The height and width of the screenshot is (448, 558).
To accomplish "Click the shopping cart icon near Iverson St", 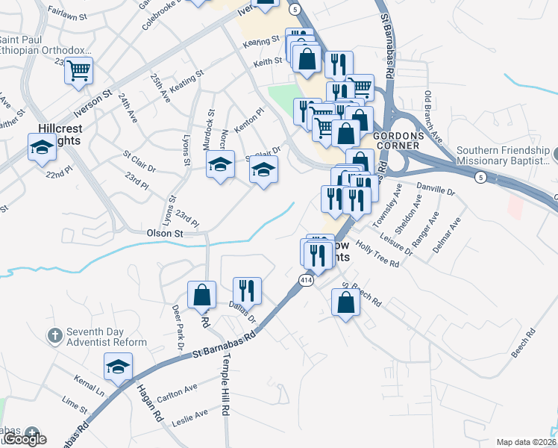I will click(x=78, y=71).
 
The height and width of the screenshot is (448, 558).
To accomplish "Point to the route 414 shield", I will click(x=306, y=280).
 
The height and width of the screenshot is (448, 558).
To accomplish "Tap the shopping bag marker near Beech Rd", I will click(x=345, y=303).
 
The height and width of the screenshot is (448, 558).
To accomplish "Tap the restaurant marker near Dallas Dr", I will click(x=246, y=290).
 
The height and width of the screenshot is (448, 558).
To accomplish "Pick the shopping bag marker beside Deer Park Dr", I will click(x=201, y=295).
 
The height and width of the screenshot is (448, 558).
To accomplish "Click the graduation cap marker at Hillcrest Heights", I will click(x=42, y=147).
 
